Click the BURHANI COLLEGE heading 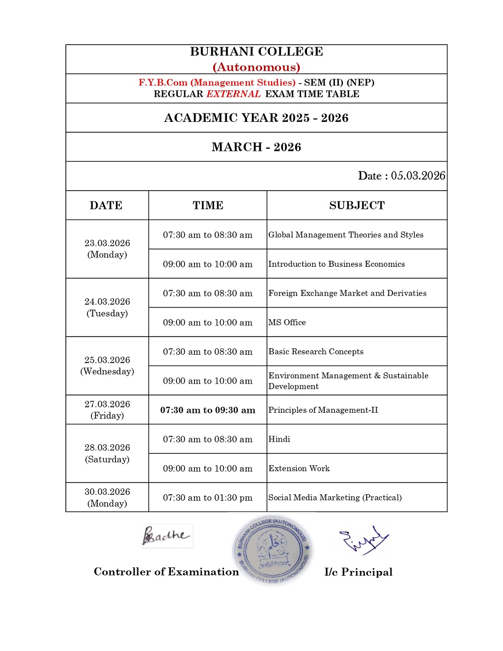pyautogui.click(x=256, y=52)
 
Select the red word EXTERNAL pyautogui.click(x=233, y=94)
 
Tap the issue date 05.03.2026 pyautogui.click(x=418, y=176)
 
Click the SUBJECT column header pyautogui.click(x=357, y=205)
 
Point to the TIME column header pyautogui.click(x=208, y=205)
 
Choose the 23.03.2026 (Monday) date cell pyautogui.click(x=107, y=249)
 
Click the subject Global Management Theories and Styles pyautogui.click(x=346, y=235)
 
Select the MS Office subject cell pyautogui.click(x=287, y=322)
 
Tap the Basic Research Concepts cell pyautogui.click(x=316, y=352)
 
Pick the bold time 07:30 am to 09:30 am pyautogui.click(x=208, y=410)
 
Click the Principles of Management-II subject pyautogui.click(x=323, y=410)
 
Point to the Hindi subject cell pyautogui.click(x=279, y=439)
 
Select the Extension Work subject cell pyautogui.click(x=299, y=468)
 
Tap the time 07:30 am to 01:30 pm pyautogui.click(x=208, y=498)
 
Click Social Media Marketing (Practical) pyautogui.click(x=335, y=498)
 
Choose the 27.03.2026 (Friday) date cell pyautogui.click(x=107, y=410)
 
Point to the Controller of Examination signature pyautogui.click(x=166, y=536)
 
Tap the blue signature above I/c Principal pyautogui.click(x=363, y=540)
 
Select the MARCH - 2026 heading pyautogui.click(x=256, y=147)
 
